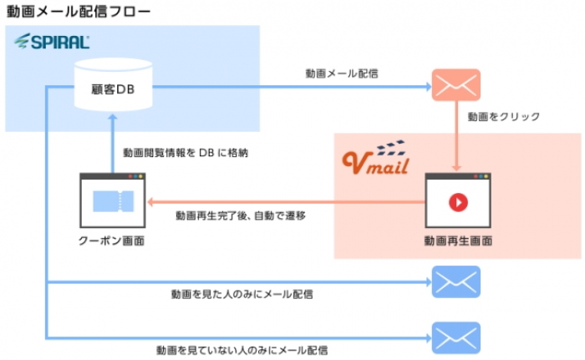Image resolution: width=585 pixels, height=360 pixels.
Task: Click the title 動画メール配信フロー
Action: (x=79, y=12)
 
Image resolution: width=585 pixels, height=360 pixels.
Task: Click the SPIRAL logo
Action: (x=52, y=42)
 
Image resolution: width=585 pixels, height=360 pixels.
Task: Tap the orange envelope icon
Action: (x=455, y=84)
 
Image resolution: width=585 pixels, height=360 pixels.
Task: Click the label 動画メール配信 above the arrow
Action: (x=342, y=74)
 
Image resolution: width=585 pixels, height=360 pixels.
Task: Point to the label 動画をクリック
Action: (x=503, y=117)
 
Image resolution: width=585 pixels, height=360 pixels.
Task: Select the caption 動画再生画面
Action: (x=457, y=241)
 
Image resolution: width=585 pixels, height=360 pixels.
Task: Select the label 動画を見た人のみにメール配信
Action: (x=242, y=294)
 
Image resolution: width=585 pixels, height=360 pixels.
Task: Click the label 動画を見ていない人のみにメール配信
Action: (x=242, y=348)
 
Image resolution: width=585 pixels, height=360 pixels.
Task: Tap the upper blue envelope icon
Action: (x=455, y=281)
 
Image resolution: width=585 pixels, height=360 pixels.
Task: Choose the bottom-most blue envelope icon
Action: (x=455, y=337)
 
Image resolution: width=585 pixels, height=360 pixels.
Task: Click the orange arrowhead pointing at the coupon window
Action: (x=150, y=202)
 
